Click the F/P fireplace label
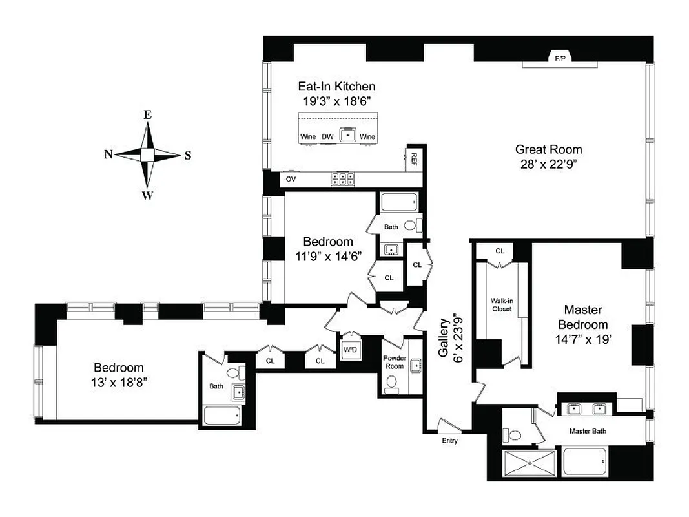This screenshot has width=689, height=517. (559, 58)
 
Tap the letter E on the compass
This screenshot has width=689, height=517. (147, 115)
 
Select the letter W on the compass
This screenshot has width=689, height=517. (148, 196)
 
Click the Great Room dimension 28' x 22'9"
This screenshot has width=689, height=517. (548, 164)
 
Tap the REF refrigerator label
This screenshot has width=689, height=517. (413, 160)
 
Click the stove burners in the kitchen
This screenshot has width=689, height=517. (343, 179)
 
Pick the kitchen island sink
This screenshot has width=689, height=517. (349, 134)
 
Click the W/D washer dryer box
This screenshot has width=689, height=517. (350, 350)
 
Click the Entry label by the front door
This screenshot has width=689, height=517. (449, 441)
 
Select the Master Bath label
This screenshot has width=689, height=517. (587, 430)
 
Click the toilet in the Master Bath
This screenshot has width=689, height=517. (514, 436)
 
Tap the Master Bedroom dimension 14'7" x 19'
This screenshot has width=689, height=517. (586, 339)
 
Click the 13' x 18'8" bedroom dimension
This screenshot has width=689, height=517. (119, 382)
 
